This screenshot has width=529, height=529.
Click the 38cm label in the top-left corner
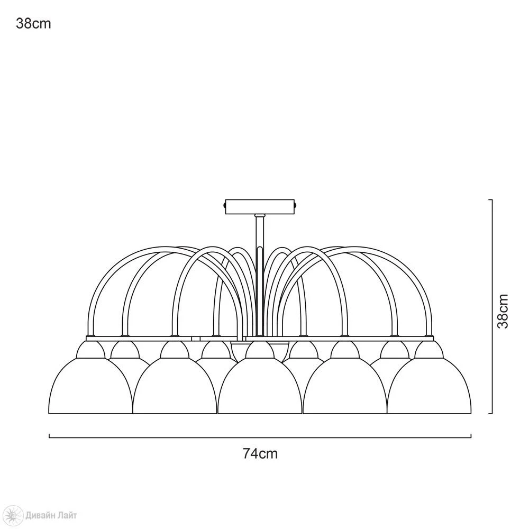click(x=33, y=24)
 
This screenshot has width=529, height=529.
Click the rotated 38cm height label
click(x=503, y=311)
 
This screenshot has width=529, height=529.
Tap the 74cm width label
click(x=260, y=453)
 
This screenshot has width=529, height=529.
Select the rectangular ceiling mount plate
click(x=260, y=206)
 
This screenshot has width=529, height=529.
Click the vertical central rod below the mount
click(x=260, y=275)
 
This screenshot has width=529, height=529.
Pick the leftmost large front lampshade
click(x=90, y=386)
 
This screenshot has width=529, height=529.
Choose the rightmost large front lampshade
click(x=429, y=386)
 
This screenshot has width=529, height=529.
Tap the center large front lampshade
click(x=260, y=386)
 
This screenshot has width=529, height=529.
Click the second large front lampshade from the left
click(x=175, y=386)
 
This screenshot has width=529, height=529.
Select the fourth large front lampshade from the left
click(x=345, y=386)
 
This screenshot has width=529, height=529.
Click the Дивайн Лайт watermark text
click(x=51, y=515)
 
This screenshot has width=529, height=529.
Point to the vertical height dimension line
click(x=491, y=306)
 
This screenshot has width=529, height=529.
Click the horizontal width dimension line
click(x=260, y=437)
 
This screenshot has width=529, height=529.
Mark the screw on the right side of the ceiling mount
click(x=296, y=205)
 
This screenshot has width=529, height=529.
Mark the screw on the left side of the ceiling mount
click(x=225, y=205)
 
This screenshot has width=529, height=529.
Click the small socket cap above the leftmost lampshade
click(x=90, y=350)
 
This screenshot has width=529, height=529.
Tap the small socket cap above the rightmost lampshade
click(x=429, y=350)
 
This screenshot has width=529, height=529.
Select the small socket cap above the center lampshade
click(x=260, y=350)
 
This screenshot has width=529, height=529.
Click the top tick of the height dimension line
click(x=490, y=200)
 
